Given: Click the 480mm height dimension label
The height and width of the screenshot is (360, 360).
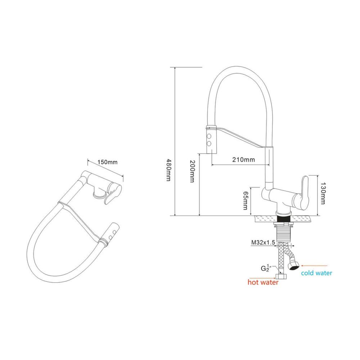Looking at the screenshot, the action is pyautogui.click(x=168, y=170).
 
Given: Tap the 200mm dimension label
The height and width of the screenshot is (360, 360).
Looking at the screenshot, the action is pyautogui.click(x=192, y=171).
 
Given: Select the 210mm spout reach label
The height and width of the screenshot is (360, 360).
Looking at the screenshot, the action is pyautogui.click(x=243, y=159).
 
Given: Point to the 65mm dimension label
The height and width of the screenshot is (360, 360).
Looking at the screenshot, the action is pyautogui.click(x=246, y=201).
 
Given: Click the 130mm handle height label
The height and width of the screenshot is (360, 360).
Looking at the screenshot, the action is pyautogui.click(x=323, y=193).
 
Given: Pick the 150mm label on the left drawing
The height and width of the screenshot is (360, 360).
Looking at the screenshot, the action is pyautogui.click(x=107, y=162).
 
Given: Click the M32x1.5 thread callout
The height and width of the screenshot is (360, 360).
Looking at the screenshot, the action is pyautogui.click(x=263, y=242).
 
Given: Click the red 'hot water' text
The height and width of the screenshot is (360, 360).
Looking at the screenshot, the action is pyautogui.click(x=263, y=282).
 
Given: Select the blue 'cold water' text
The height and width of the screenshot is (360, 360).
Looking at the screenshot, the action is pyautogui.click(x=316, y=273).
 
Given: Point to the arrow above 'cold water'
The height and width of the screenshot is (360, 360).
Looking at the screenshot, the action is pyautogui.click(x=314, y=266).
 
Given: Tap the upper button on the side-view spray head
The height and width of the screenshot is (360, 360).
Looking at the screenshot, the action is pyautogui.click(x=209, y=136).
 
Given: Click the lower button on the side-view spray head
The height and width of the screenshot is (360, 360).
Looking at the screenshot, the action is pyautogui.click(x=209, y=144).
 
